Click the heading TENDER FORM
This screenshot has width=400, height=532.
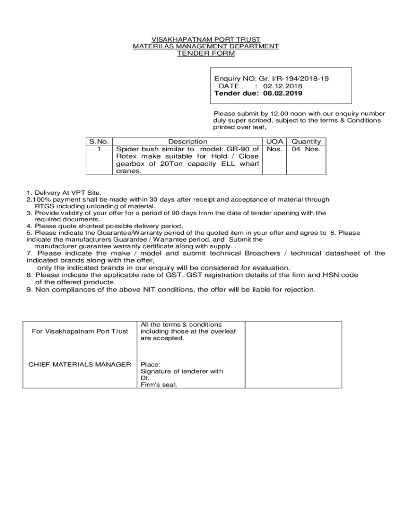206,54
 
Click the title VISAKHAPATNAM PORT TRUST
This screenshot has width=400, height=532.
206,39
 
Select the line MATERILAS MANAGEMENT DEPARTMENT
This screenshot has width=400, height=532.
206,46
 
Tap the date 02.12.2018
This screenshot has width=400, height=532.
283,86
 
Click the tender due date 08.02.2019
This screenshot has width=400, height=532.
283,94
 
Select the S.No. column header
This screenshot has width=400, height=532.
99,141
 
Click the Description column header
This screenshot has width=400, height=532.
188,141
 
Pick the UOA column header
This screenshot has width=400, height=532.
274,141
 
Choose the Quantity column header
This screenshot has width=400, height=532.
306,141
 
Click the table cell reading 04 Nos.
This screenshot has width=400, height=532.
306,149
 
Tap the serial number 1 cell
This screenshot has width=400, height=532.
99,149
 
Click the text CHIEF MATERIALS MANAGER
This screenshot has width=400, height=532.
79,364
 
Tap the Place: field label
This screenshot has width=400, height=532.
150,365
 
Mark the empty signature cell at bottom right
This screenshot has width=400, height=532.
293,354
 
